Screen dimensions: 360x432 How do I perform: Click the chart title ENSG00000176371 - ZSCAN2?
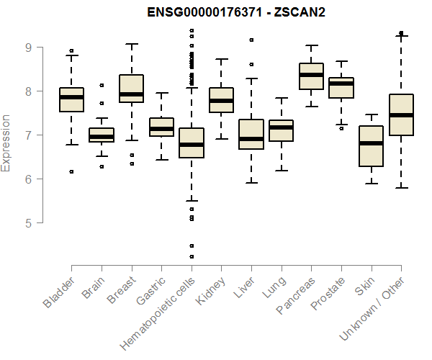click(x=237, y=14)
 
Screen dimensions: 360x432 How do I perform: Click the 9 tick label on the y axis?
click(x=28, y=48)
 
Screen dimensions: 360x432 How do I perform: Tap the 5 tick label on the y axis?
click(x=28, y=223)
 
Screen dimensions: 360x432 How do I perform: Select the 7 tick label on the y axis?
click(x=28, y=135)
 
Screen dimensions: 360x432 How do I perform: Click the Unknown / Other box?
click(x=401, y=114)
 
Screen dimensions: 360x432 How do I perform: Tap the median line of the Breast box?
click(x=131, y=94)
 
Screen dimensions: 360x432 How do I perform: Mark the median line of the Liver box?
click(x=251, y=139)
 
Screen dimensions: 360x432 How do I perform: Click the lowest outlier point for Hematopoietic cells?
click(x=192, y=256)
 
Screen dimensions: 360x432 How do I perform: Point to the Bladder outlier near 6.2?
click(x=71, y=171)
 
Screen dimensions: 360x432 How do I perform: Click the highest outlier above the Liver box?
click(x=251, y=40)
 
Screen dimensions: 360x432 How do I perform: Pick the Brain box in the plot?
click(x=102, y=135)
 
